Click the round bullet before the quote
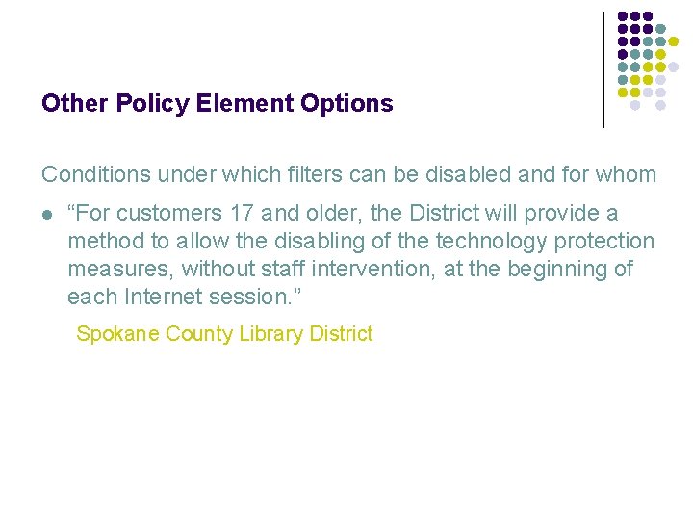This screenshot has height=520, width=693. pyautogui.click(x=47, y=214)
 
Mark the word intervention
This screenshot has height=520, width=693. pyautogui.click(x=376, y=269)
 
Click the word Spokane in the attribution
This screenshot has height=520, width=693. pyautogui.click(x=117, y=334)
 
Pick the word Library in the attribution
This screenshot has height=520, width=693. pyautogui.click(x=269, y=334)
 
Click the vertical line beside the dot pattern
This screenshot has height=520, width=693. pyautogui.click(x=603, y=69)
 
